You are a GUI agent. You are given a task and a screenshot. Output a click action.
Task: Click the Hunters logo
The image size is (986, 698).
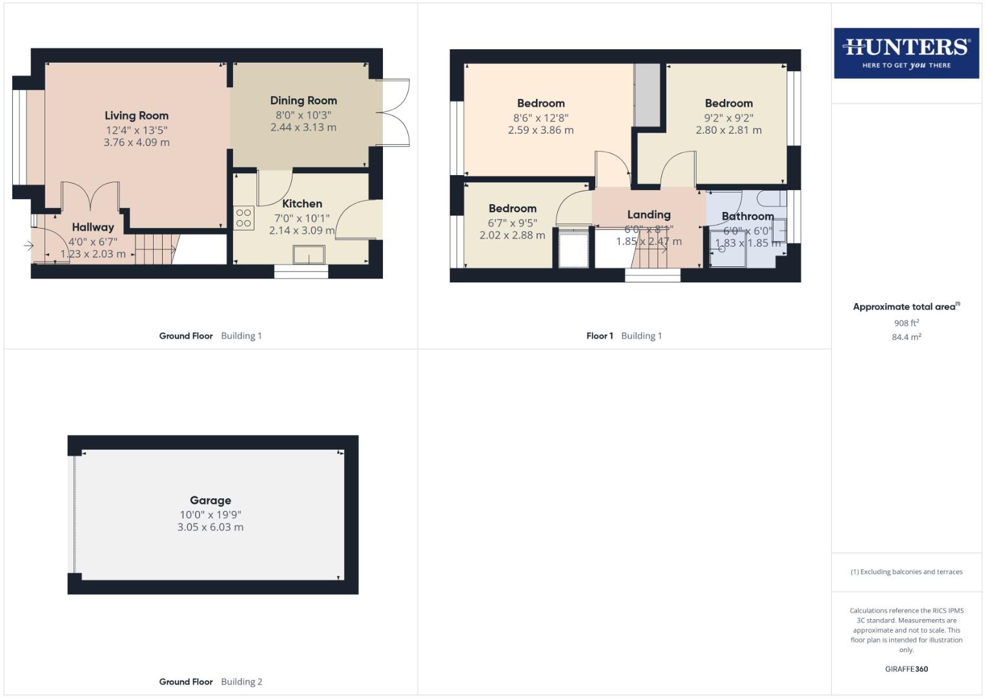(906, 53)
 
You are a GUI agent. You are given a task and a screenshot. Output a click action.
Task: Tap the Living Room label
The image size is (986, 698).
(136, 116)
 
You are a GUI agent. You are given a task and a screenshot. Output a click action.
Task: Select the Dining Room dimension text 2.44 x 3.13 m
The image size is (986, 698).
(303, 127)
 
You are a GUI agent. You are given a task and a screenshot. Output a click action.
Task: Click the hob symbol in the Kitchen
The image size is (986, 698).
(243, 218)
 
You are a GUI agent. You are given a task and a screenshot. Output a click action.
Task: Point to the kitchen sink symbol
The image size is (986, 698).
(309, 255)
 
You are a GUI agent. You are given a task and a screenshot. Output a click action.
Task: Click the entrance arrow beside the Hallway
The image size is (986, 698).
(28, 246)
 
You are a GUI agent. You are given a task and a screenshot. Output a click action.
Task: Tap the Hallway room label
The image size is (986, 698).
(93, 227)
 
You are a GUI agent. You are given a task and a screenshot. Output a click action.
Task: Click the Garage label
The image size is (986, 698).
(211, 500)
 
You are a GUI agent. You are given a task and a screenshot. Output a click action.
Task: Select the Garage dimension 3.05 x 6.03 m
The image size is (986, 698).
(211, 527)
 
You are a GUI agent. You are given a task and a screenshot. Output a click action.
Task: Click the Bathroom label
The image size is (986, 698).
(748, 216)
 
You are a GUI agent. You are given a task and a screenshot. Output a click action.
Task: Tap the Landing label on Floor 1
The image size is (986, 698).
(649, 215)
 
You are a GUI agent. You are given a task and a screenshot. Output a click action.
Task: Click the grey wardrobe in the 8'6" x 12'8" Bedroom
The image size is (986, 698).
(647, 95)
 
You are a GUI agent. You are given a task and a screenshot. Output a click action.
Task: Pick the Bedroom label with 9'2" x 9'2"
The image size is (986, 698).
(728, 103)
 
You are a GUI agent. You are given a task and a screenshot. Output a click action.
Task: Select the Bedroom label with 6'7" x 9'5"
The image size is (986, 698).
(512, 208)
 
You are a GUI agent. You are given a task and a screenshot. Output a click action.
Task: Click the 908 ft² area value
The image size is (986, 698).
(906, 323)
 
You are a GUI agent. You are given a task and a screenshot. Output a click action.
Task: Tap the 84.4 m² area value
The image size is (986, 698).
(906, 337)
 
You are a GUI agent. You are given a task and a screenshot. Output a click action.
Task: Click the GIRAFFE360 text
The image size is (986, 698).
(906, 669)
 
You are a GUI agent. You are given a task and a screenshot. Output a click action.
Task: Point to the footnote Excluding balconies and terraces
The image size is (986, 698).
(906, 572)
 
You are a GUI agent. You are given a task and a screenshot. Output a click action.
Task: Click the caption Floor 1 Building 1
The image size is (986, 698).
(624, 335)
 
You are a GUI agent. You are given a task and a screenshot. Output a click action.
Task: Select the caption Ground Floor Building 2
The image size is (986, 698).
(211, 681)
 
